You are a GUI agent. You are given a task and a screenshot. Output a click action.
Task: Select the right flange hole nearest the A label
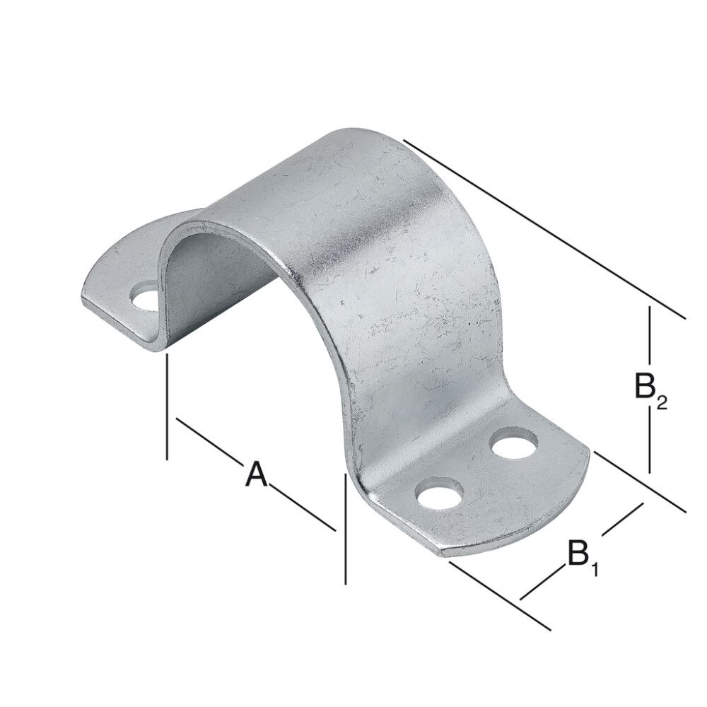[x=440, y=493]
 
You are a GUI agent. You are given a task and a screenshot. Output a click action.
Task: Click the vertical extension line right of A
[x=345, y=530]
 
